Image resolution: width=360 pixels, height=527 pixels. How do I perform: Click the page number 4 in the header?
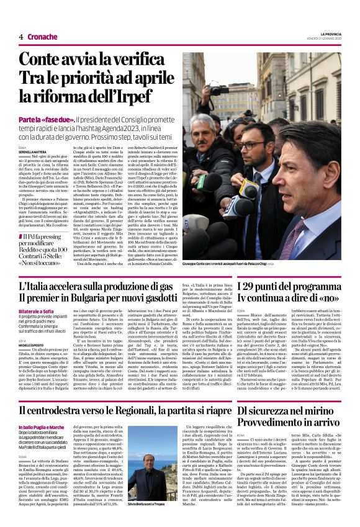(x=20, y=37)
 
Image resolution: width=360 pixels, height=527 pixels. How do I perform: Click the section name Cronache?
(x=42, y=37)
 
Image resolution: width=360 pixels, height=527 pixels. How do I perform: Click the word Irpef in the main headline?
(x=135, y=96)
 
